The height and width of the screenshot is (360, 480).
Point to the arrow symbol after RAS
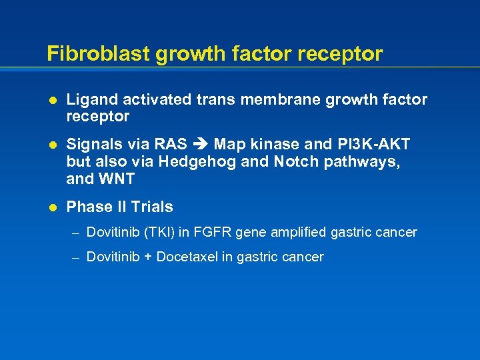(201, 145)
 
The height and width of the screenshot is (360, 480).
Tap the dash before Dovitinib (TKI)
(77, 233)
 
